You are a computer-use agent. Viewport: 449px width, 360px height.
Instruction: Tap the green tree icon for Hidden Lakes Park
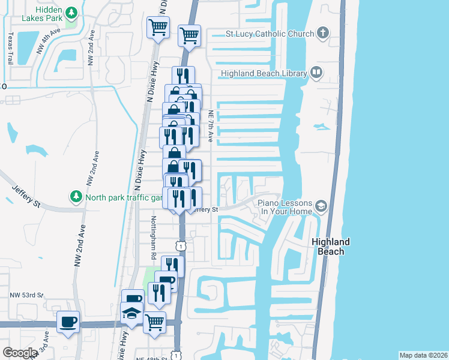(71, 12)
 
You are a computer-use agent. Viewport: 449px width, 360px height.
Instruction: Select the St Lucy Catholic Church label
(270, 34)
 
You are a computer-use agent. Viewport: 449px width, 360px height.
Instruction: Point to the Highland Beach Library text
(264, 74)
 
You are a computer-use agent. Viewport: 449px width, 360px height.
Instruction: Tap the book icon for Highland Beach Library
(316, 73)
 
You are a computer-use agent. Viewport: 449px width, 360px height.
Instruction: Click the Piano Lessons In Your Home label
(285, 208)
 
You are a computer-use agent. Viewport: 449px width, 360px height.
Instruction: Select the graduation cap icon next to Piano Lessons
(321, 207)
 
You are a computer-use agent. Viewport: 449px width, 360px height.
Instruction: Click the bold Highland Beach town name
(331, 247)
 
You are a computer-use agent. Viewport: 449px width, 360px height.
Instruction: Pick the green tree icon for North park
(76, 196)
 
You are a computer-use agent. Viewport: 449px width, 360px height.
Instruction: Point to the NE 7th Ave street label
(211, 126)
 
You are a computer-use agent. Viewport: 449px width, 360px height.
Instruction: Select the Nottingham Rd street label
(154, 238)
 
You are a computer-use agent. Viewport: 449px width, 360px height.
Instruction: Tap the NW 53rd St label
(26, 295)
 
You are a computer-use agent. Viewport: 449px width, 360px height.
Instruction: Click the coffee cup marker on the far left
(68, 322)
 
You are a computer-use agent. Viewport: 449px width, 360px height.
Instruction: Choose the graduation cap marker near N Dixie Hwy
(132, 313)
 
